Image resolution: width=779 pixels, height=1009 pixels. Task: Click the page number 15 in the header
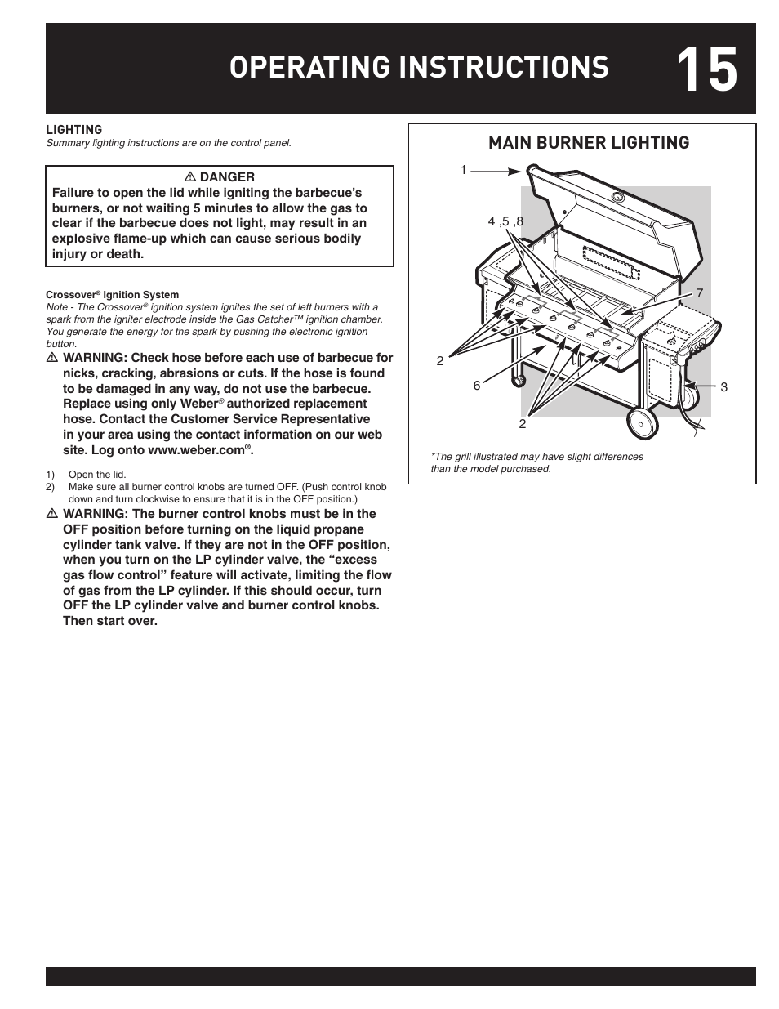coord(706,69)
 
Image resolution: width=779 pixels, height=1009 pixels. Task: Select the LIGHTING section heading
coord(73,129)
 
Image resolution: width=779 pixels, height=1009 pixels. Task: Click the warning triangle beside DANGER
coord(192,176)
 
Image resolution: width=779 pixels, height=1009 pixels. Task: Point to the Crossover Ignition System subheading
coord(112,295)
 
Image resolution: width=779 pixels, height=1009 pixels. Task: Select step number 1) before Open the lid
coord(51,475)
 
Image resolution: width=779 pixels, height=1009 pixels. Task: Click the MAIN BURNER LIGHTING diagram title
coord(588,143)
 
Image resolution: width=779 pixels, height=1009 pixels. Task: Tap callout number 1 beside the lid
coord(463,170)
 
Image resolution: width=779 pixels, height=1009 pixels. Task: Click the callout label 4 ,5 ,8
coord(505,221)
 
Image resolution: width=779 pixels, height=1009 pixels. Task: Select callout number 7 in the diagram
coord(699,292)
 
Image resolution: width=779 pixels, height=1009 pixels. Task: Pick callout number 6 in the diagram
coord(477,386)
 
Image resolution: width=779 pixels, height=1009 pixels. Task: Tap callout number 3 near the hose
coord(723,387)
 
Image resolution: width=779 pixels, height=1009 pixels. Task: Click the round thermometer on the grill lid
coord(618,197)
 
